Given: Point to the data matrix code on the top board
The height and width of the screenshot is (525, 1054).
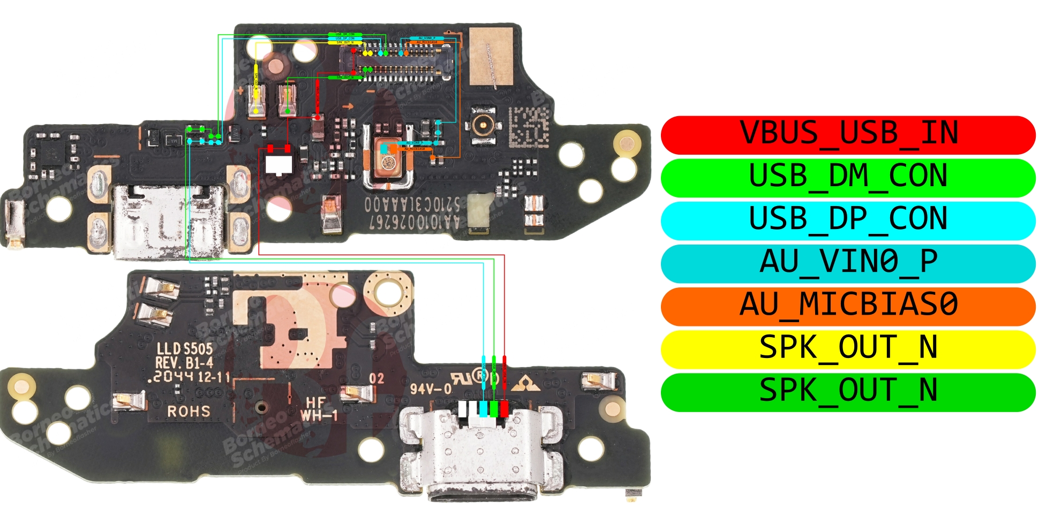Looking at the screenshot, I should [x=528, y=127].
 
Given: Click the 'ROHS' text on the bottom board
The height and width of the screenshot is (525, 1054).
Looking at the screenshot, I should [x=189, y=412].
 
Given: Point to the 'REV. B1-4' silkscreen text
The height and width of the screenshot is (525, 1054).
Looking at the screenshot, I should [x=184, y=363].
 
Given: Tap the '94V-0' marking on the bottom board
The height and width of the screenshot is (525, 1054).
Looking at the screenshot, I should [x=431, y=388].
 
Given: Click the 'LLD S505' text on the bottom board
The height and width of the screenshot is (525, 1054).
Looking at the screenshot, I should [x=184, y=349].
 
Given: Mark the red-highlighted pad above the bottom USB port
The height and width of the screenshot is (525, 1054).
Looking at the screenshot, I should [x=504, y=409].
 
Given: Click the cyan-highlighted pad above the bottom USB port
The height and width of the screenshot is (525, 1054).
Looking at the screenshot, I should [x=484, y=409].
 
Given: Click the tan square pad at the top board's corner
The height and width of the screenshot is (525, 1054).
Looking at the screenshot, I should [x=491, y=56].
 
